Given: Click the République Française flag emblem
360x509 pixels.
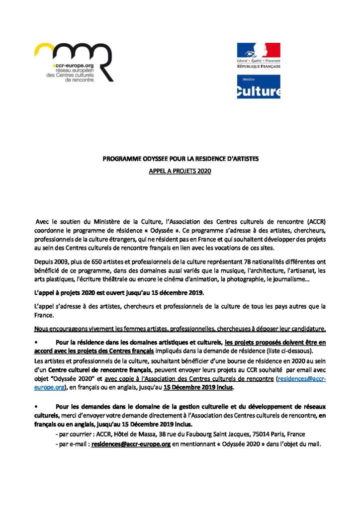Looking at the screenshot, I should [x=258, y=51].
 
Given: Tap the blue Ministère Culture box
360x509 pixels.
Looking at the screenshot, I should [x=258, y=86].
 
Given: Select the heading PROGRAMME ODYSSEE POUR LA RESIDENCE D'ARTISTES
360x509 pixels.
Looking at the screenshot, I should [x=180, y=160].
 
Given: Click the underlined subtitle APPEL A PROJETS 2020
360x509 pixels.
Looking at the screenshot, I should [x=180, y=170].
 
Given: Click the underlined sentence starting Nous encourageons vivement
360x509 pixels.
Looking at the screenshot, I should [x=180, y=329].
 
